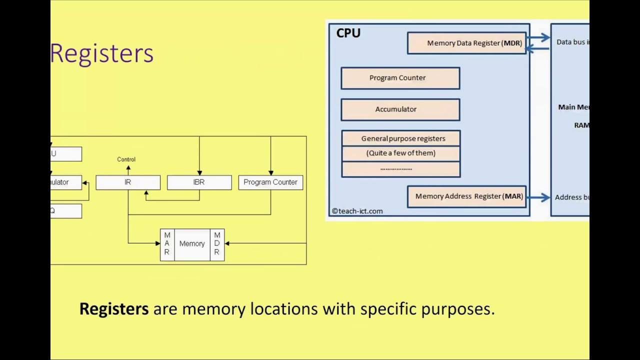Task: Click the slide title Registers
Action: click(x=101, y=53)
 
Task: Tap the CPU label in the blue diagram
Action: click(x=348, y=33)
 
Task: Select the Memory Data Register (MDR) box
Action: click(x=466, y=43)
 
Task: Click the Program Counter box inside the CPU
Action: click(x=400, y=78)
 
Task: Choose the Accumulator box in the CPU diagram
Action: click(x=400, y=109)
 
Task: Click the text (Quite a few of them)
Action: click(x=401, y=153)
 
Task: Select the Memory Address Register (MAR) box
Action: click(x=466, y=196)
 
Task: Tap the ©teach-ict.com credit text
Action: click(x=357, y=211)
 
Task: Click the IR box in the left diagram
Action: click(x=128, y=182)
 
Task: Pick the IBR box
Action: click(x=199, y=182)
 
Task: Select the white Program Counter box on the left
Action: click(x=270, y=182)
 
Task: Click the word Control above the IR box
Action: click(x=126, y=159)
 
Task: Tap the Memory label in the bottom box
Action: click(x=192, y=244)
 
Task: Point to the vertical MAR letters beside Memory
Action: click(x=167, y=244)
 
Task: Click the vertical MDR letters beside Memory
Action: click(x=217, y=244)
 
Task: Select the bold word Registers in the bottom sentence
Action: click(x=114, y=309)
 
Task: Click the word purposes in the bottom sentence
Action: click(x=457, y=309)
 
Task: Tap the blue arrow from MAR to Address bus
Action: click(x=538, y=197)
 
